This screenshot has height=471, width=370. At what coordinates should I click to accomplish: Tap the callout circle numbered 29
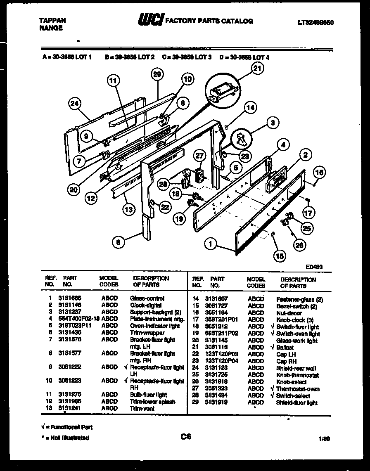[157, 75]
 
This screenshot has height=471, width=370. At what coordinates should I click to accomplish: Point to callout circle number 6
[118, 242]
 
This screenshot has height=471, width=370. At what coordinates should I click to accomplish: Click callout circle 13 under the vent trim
[129, 210]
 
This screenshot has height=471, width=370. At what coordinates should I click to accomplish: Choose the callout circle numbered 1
[211, 244]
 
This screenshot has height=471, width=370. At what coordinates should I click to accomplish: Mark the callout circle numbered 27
[199, 156]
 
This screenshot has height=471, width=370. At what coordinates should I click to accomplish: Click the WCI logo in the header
[150, 20]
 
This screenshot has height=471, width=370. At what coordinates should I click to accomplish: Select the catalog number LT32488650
[315, 23]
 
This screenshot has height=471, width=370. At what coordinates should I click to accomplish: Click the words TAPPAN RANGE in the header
[51, 24]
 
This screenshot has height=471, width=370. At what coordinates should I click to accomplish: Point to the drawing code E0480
[314, 267]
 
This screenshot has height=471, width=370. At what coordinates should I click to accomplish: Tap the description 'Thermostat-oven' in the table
[297, 389]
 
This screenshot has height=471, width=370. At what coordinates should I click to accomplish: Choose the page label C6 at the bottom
[186, 436]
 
